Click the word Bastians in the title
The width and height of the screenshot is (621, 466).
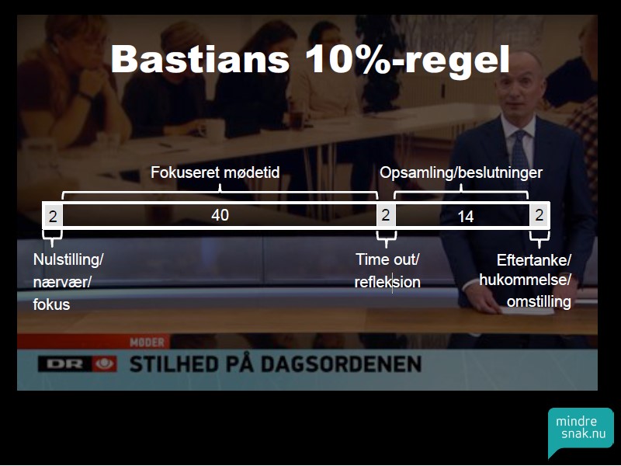(x=200, y=59)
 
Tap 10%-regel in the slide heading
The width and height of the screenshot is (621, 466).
(x=408, y=60)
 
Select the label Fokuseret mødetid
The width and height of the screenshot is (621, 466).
(x=215, y=172)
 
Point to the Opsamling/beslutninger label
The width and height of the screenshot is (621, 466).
(x=461, y=172)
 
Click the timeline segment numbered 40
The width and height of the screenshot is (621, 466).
(x=220, y=215)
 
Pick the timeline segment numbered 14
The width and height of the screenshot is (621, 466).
(x=463, y=216)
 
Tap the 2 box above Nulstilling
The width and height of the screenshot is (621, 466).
(x=53, y=216)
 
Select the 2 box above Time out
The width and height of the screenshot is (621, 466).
(x=386, y=215)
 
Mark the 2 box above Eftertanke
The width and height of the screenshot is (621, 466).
(x=539, y=215)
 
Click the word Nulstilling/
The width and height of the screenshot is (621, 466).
(x=68, y=260)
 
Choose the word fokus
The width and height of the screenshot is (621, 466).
(x=51, y=304)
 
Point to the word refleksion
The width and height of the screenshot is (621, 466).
(x=387, y=282)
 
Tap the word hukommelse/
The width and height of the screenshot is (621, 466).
(x=526, y=280)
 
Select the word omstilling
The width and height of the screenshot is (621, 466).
(x=539, y=302)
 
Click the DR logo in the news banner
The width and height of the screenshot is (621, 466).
(x=78, y=364)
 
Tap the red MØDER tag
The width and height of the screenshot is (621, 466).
(x=147, y=342)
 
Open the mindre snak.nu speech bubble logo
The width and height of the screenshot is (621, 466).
(x=581, y=432)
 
